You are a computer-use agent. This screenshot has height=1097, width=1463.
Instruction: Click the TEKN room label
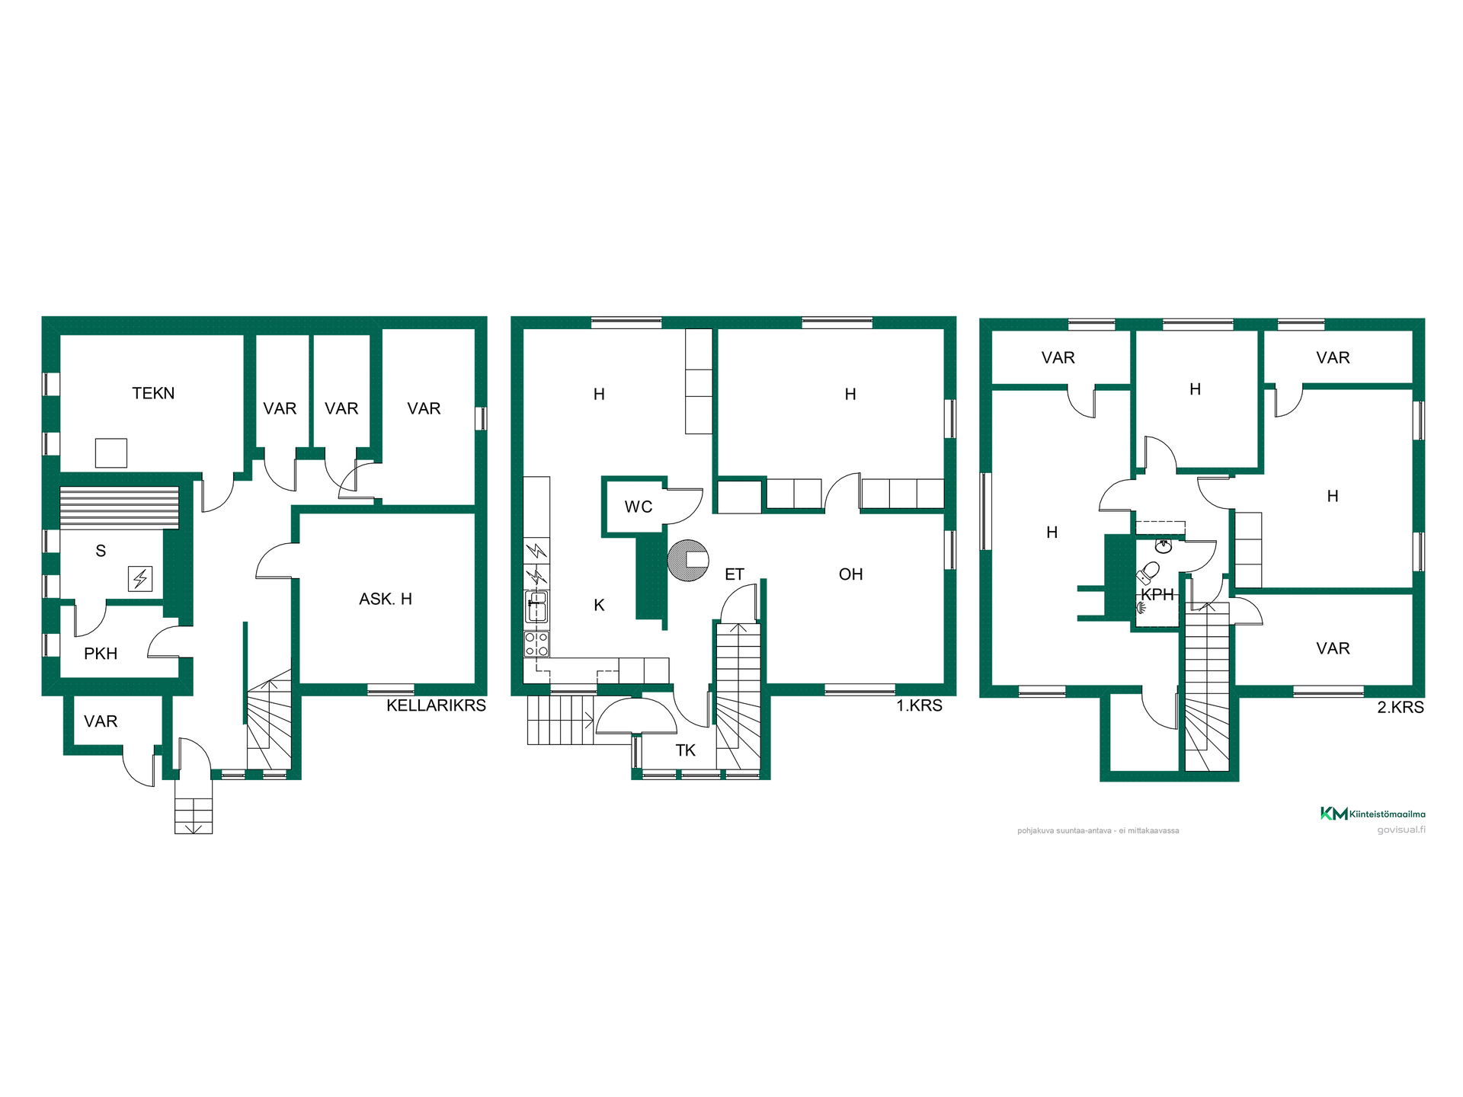coord(153,393)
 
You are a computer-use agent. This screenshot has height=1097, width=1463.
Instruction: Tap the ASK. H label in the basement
coord(386,599)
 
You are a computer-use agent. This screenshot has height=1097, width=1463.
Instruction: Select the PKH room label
coord(101,654)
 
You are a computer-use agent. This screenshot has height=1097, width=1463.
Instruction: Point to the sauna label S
coord(101,551)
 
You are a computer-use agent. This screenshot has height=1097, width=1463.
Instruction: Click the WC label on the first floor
coord(639,507)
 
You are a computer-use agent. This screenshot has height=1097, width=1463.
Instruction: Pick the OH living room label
coord(851,574)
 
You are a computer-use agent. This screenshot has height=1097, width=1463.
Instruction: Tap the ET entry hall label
coord(735,574)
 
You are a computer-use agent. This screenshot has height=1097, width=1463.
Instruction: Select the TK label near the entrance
coord(686,750)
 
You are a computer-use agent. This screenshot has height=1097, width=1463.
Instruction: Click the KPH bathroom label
coord(1157,595)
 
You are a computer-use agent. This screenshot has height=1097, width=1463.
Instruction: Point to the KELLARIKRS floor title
coord(436,705)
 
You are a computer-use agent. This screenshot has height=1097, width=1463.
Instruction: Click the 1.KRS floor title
coord(919,705)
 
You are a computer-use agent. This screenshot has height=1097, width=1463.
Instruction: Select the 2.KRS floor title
coord(1401,707)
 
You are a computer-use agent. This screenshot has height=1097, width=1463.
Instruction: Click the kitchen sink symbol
coord(536,607)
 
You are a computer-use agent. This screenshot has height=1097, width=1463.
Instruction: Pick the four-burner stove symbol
coord(536,644)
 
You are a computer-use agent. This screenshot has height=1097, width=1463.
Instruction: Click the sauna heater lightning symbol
coord(140,579)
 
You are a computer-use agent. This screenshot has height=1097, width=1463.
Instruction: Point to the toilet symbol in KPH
coord(1148,571)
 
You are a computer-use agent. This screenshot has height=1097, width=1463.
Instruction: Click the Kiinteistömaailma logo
coord(1372,814)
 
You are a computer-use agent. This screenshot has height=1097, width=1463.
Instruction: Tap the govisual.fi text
coord(1401,830)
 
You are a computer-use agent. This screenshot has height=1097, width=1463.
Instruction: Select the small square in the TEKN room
coord(111,453)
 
